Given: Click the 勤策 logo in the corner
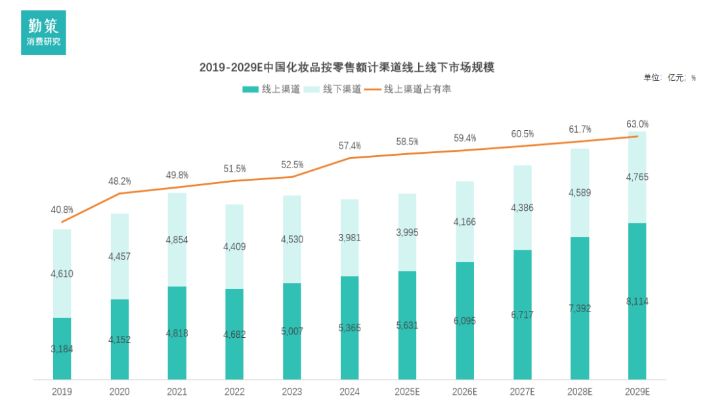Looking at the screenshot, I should (43, 32).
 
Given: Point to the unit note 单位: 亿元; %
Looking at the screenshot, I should (669, 78).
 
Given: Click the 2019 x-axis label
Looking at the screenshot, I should (62, 392).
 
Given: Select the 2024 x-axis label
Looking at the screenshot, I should (349, 392).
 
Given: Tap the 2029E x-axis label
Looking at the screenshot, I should (637, 392).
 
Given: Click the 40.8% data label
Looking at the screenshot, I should (62, 210).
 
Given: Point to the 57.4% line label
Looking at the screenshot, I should (349, 145).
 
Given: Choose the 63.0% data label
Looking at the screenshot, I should (637, 124).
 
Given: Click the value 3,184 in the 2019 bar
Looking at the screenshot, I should (62, 348).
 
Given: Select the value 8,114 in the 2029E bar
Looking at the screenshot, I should (637, 302).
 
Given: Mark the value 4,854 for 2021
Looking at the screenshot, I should (177, 240).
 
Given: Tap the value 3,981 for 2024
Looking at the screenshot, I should (350, 237).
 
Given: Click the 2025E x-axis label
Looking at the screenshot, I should (407, 392).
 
